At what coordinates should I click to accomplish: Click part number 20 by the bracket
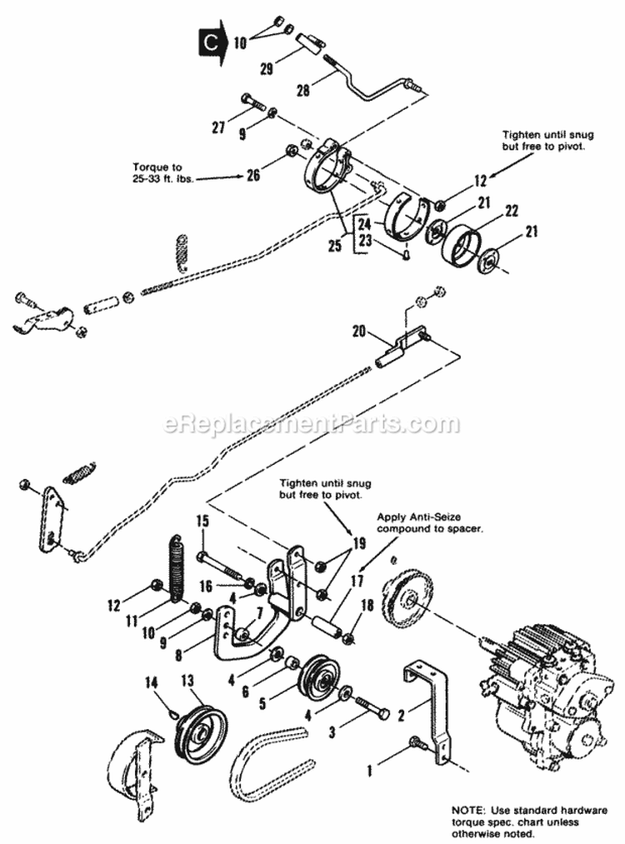click(359, 330)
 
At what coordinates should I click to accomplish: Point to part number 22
click(512, 210)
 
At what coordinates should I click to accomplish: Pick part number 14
click(151, 682)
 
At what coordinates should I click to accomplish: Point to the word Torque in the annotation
click(151, 165)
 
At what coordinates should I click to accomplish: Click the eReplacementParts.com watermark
click(312, 424)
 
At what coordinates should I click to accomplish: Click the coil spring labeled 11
click(177, 567)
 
